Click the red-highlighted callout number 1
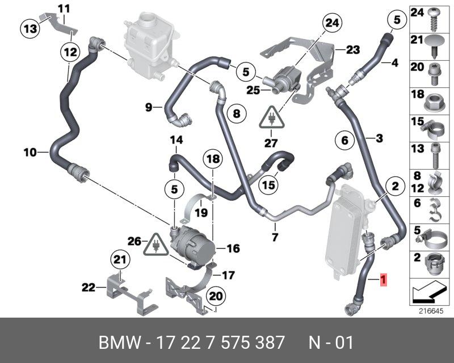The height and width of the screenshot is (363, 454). (384, 279)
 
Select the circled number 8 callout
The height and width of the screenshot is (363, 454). (236, 113)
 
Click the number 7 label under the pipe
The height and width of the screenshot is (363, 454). (275, 237)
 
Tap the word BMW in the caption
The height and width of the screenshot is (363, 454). (118, 343)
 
